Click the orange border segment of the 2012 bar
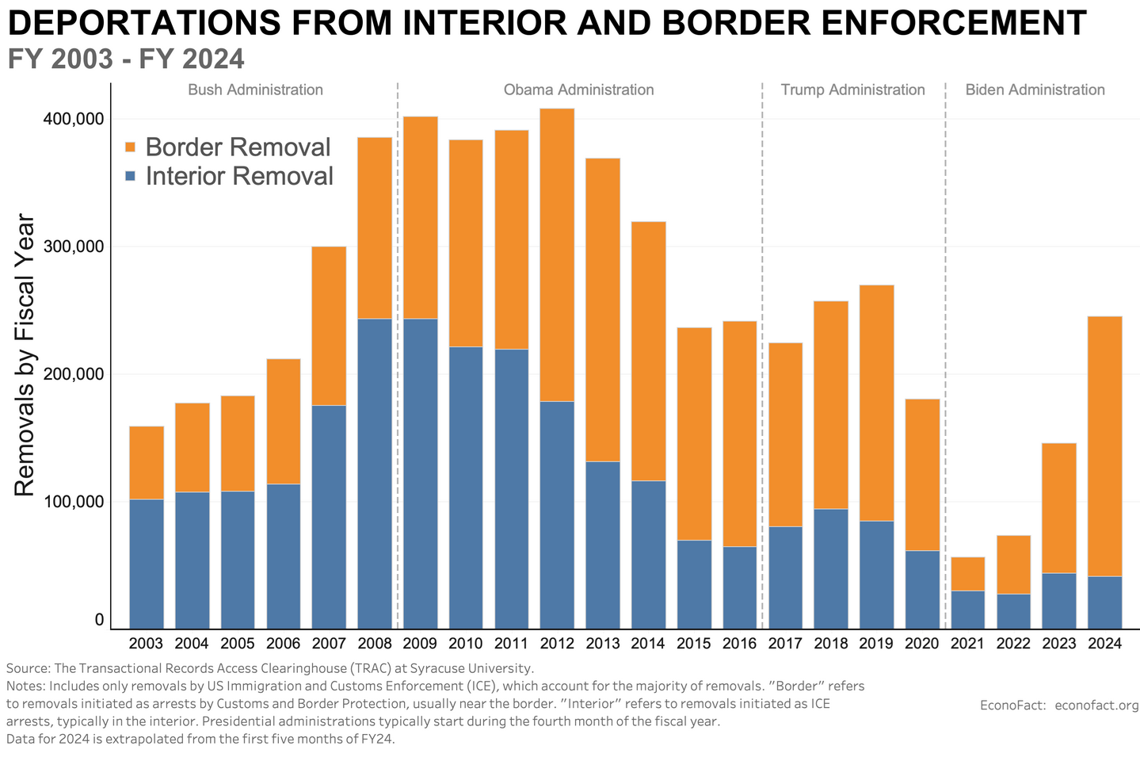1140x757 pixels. pyautogui.click(x=557, y=254)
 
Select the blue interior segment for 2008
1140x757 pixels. pyautogui.click(x=375, y=473)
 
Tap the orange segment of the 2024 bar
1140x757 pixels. pyautogui.click(x=1104, y=446)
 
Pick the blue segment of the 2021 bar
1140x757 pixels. pyautogui.click(x=967, y=610)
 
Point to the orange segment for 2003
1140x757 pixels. pyautogui.click(x=147, y=463)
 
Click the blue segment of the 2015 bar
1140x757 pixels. pyautogui.click(x=694, y=584)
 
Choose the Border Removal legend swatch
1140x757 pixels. pyautogui.click(x=132, y=147)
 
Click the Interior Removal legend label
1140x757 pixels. pyautogui.click(x=239, y=176)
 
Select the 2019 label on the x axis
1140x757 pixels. pyautogui.click(x=876, y=643)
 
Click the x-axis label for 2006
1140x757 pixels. pyautogui.click(x=284, y=643)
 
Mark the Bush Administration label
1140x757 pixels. pyautogui.click(x=255, y=90)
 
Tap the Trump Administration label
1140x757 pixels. pyautogui.click(x=852, y=90)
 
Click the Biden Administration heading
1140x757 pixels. pyautogui.click(x=1035, y=90)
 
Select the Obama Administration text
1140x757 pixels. pyautogui.click(x=578, y=90)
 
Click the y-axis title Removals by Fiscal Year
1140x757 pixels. pyautogui.click(x=25, y=355)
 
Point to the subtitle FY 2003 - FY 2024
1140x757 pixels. pyautogui.click(x=126, y=59)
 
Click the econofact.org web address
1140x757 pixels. pyautogui.click(x=1096, y=705)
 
